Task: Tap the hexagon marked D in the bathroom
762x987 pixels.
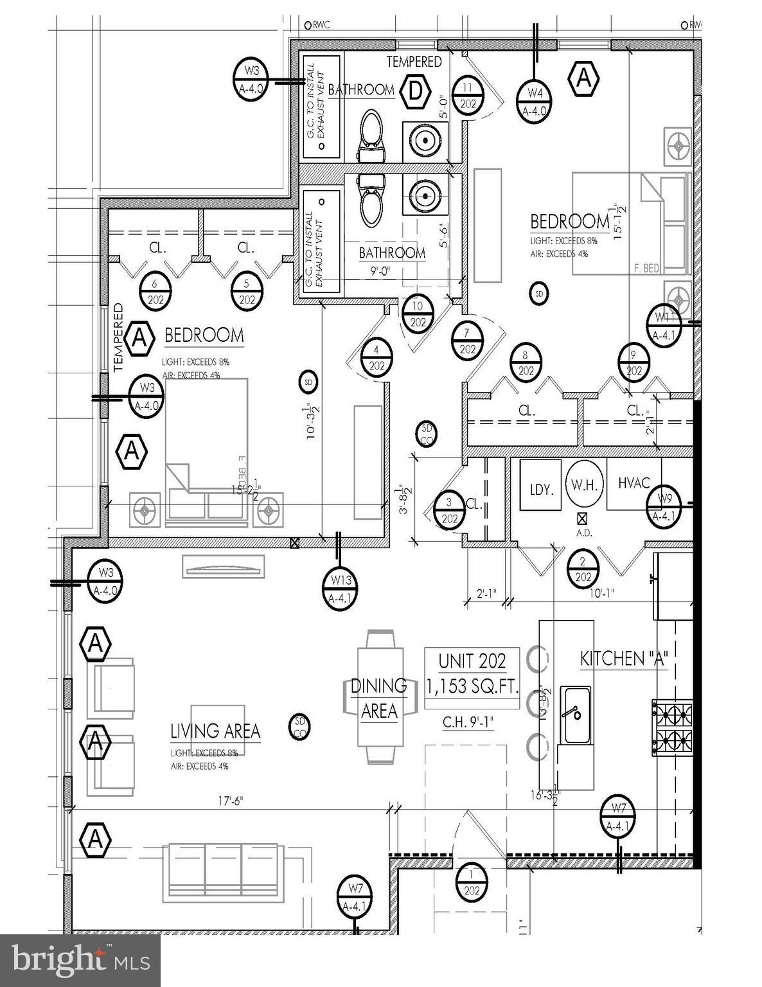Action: click(x=415, y=92)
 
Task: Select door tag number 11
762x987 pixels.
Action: click(x=467, y=95)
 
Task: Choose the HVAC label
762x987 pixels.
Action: click(x=634, y=483)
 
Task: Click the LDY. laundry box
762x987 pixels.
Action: click(x=541, y=489)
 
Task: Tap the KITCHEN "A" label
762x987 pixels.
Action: click(x=624, y=659)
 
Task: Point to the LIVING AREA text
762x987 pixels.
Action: click(x=215, y=731)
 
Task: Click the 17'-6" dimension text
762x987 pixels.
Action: click(x=231, y=801)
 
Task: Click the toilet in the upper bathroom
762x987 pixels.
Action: click(x=369, y=136)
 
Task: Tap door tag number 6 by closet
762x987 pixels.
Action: click(x=155, y=292)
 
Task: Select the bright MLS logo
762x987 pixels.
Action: click(x=80, y=960)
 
